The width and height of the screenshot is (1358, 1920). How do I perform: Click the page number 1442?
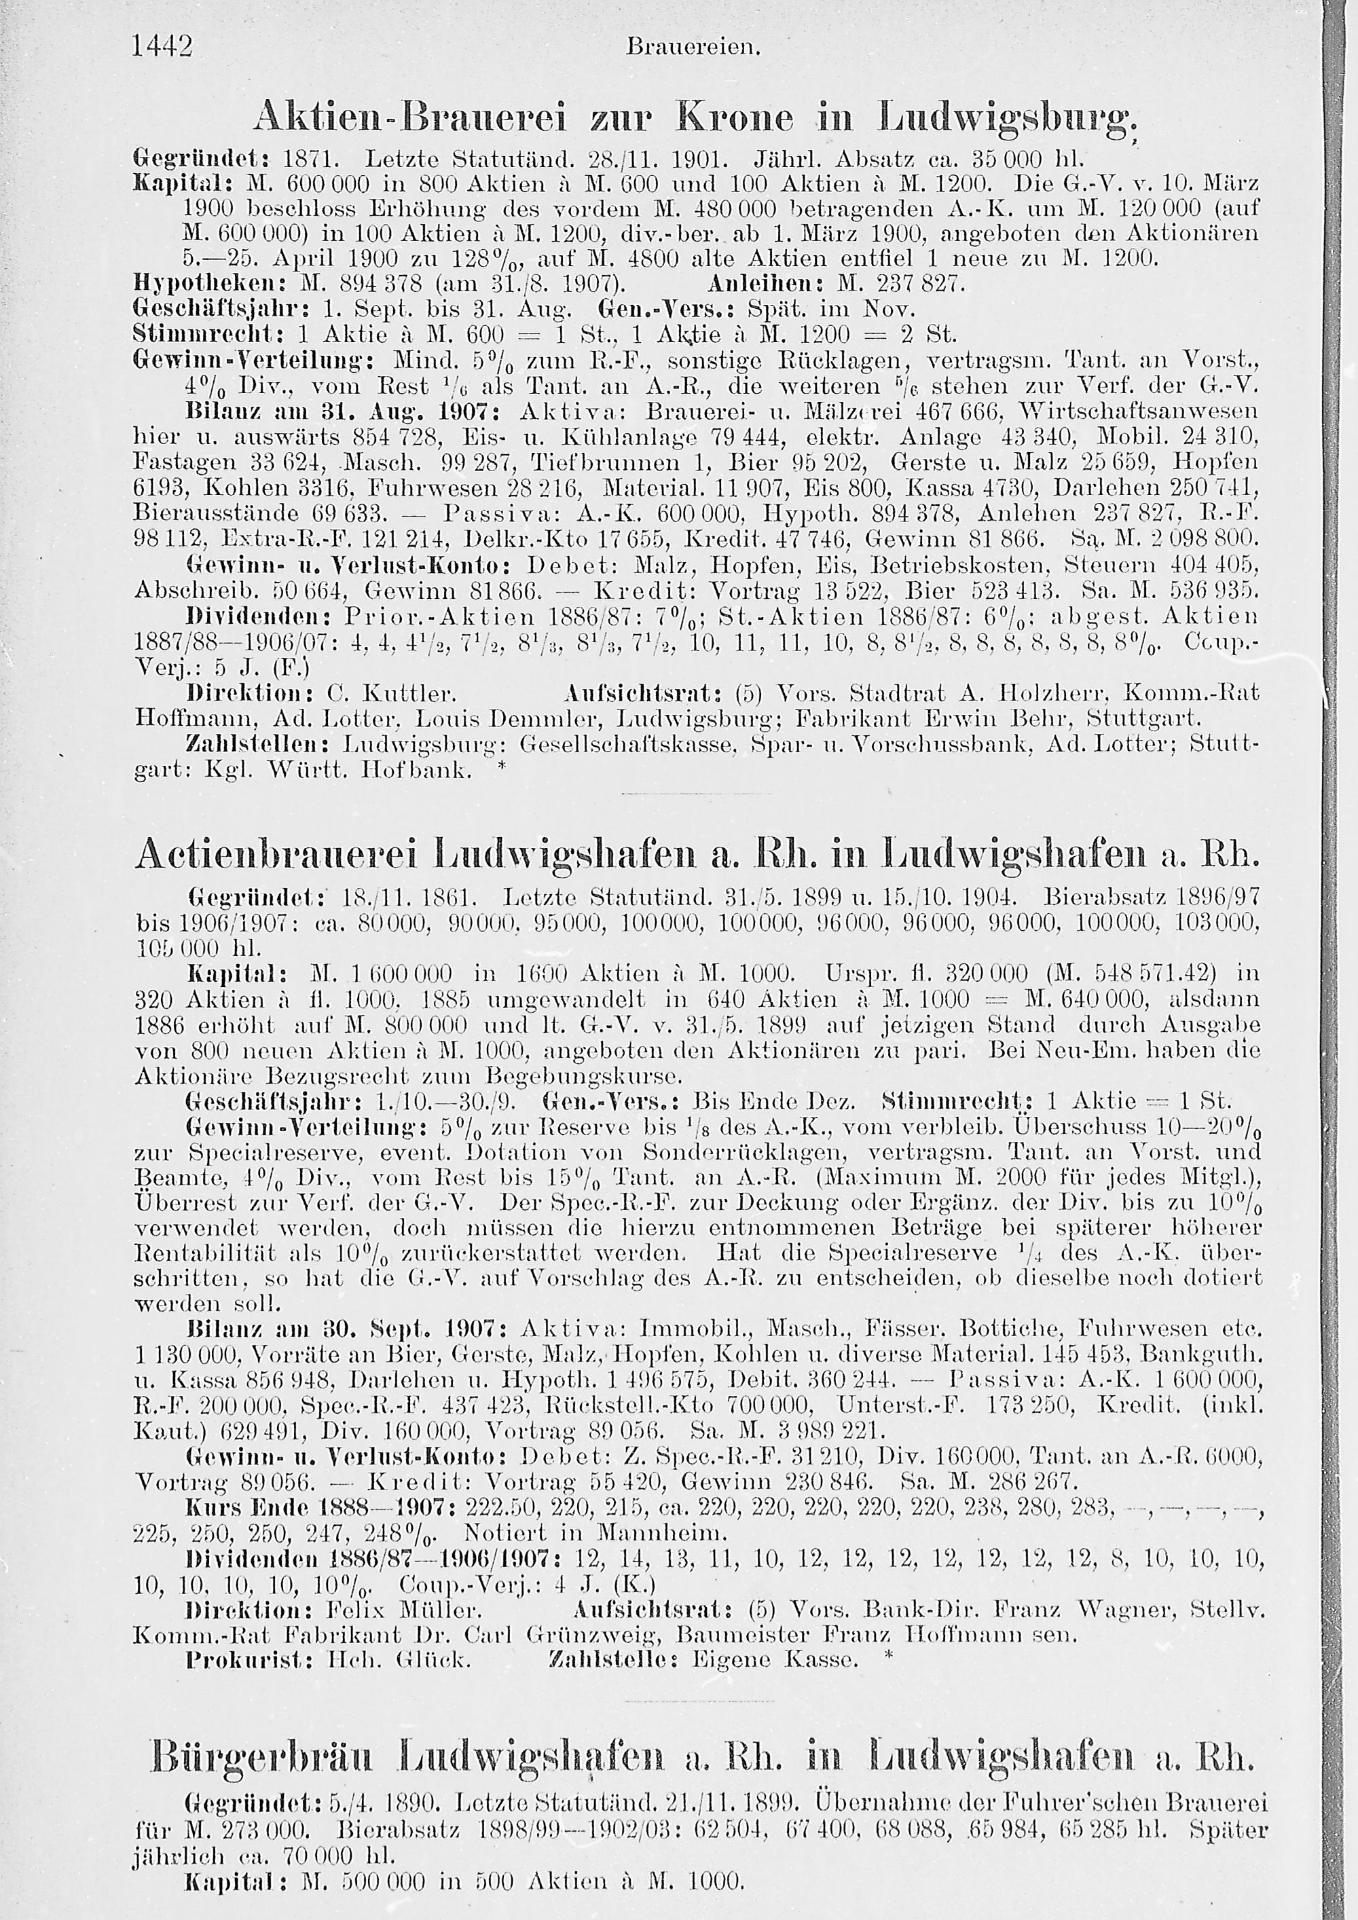coord(163,44)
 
